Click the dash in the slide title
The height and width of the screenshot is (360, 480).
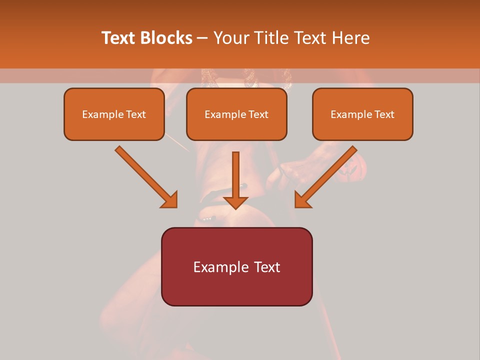tap(202, 38)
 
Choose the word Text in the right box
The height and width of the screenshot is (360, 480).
tap(384, 114)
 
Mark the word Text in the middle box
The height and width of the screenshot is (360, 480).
tap(258, 114)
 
